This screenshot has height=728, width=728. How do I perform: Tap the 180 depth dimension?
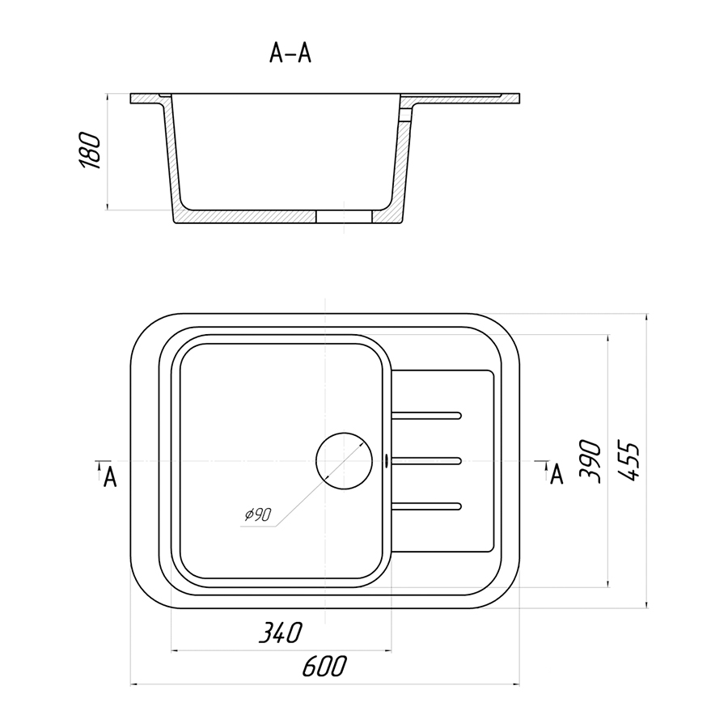90,151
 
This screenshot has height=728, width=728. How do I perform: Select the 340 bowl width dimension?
280,633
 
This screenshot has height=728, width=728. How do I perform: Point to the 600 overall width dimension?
324,667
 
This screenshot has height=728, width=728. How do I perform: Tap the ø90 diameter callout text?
258,514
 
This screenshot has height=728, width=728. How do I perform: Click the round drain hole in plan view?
344,461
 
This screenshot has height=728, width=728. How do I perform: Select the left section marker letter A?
110,476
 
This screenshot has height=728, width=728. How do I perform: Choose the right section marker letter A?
557,475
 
